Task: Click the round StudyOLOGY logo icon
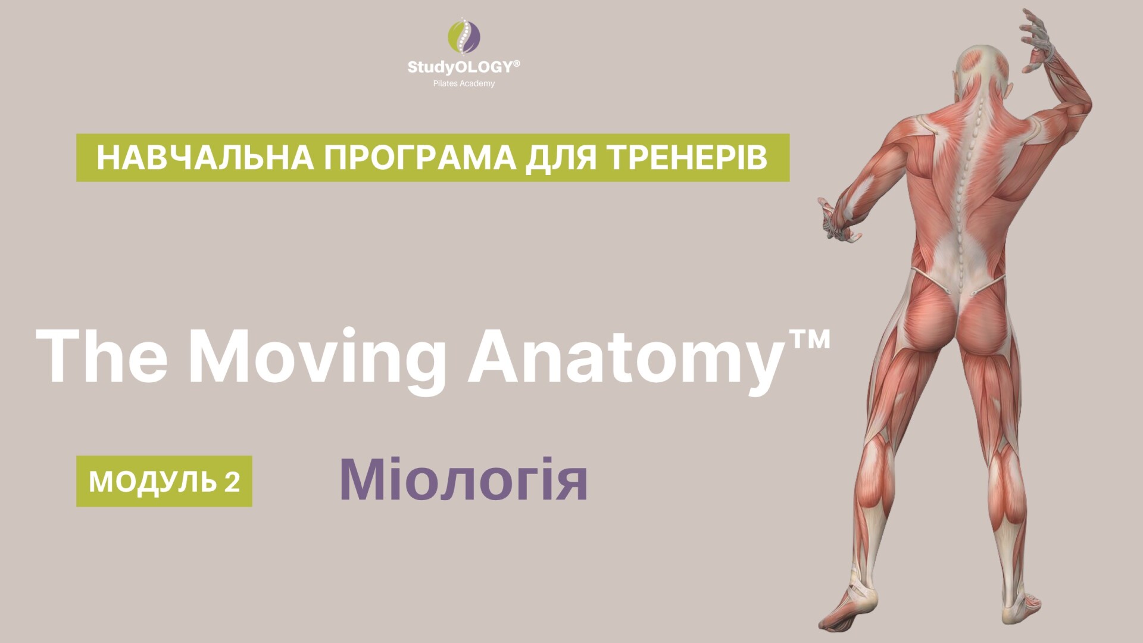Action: click(464, 36)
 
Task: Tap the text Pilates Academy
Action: click(464, 83)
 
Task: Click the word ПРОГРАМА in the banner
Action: click(420, 158)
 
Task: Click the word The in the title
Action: click(101, 355)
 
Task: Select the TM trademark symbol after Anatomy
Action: click(807, 341)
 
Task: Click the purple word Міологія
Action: click(463, 480)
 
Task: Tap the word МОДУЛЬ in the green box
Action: click(153, 482)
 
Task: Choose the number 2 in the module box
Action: click(232, 481)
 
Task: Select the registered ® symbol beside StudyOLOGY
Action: click(516, 63)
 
